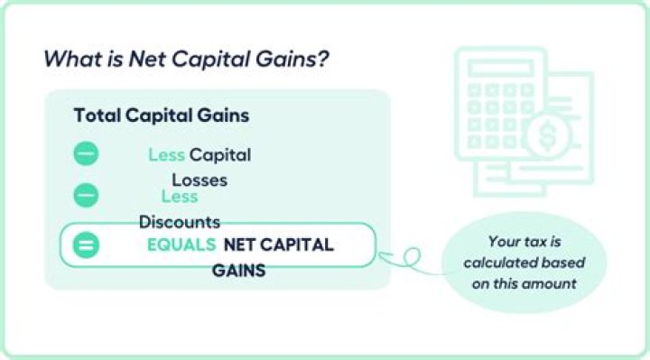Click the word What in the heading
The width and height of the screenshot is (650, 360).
pyautogui.click(x=67, y=60)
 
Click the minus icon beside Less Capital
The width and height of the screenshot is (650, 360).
pyautogui.click(x=86, y=154)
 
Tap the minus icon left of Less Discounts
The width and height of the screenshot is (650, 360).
pyautogui.click(x=86, y=195)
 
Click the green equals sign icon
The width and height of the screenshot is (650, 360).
pyautogui.click(x=86, y=245)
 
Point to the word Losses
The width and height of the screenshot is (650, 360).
pyautogui.click(x=200, y=180)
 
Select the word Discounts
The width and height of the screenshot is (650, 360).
pyautogui.click(x=179, y=222)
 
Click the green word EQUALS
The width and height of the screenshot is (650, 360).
pyautogui.click(x=181, y=245)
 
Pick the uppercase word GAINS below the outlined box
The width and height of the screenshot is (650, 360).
pyautogui.click(x=238, y=269)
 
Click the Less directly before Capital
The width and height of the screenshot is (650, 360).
pyautogui.click(x=166, y=155)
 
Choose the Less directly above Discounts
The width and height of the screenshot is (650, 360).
pyautogui.click(x=179, y=197)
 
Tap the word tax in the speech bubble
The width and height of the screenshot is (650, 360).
pyautogui.click(x=531, y=241)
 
